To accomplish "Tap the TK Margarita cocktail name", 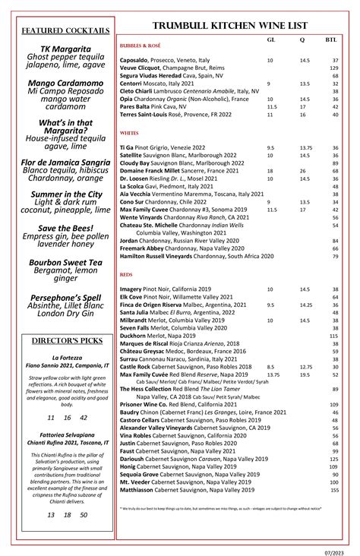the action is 61,49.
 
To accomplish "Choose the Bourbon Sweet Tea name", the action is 61,262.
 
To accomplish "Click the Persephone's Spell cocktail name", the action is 61,297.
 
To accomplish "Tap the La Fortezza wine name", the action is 61,357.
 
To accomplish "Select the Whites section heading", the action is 128,131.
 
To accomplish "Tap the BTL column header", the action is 332,39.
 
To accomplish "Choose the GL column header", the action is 271,39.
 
